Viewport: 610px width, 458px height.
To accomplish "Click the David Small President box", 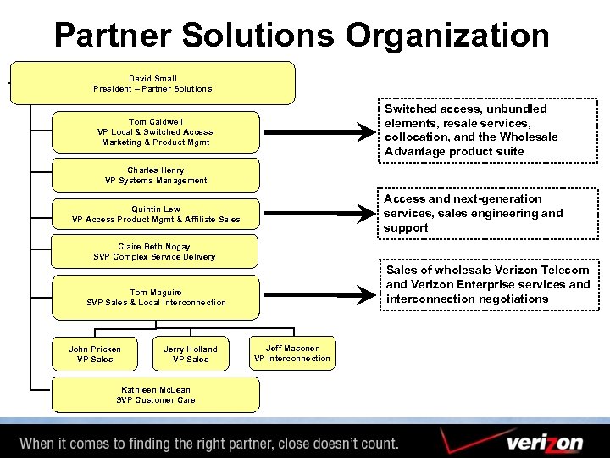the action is pos(153,83).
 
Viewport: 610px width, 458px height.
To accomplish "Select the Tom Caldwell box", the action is pos(156,132).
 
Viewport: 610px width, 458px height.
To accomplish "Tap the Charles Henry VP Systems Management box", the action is pos(156,176).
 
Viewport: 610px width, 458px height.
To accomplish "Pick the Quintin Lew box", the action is pos(156,215).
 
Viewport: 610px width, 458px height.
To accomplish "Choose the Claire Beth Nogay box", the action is pos(155,252).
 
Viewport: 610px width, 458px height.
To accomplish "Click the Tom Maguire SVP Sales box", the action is pos(156,298).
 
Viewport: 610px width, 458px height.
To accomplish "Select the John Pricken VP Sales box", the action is pos(95,355).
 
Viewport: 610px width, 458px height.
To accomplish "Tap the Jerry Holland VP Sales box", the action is pos(191,355).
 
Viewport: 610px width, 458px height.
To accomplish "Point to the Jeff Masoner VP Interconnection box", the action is pos(292,354).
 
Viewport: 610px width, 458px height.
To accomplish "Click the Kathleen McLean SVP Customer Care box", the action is pos(156,395).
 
